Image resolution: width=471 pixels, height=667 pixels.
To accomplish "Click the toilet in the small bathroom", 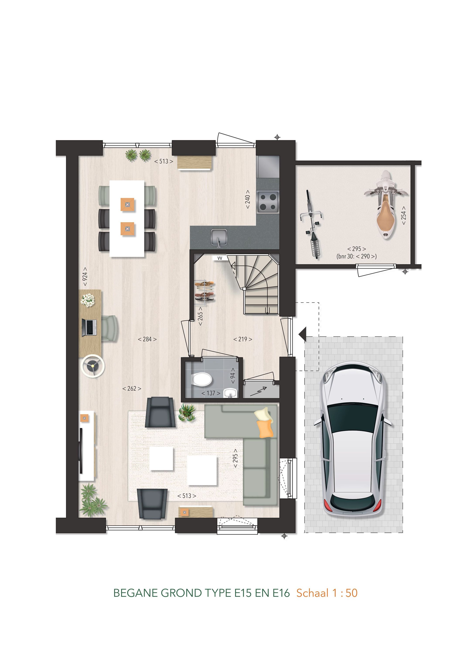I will [202, 379].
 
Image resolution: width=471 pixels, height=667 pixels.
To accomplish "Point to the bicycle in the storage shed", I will [312, 224].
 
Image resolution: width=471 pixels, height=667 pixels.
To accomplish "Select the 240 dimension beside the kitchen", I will [247, 199].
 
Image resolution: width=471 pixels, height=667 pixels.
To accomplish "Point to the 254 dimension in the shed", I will [404, 215].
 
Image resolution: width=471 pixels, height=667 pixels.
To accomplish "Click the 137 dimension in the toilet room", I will [211, 393].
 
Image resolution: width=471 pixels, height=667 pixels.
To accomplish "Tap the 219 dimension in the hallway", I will [243, 339].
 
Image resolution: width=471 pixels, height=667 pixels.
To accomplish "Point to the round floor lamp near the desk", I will [93, 367].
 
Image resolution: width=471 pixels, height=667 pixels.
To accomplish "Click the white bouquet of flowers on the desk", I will [87, 299].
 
